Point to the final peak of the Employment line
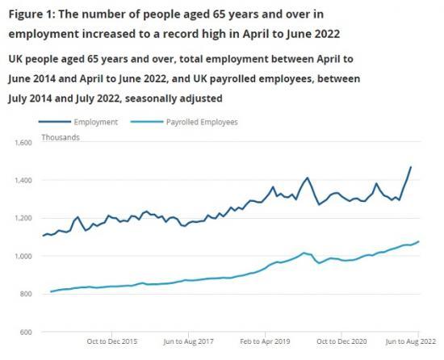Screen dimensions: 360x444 coord(411,167)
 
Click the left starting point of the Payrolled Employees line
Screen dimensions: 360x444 coord(51,291)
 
